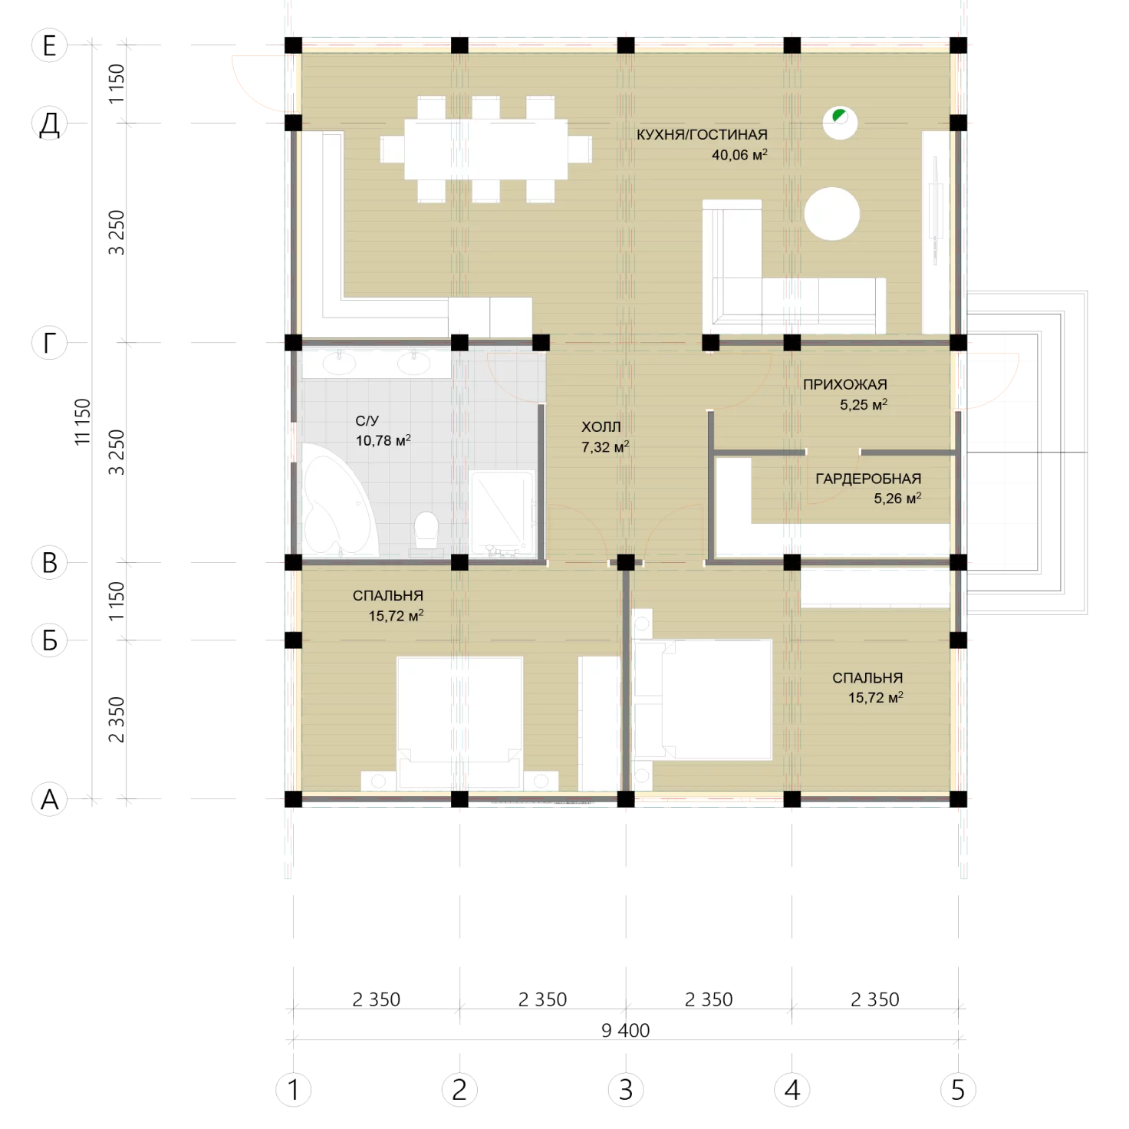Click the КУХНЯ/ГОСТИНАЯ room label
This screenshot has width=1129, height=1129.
click(701, 135)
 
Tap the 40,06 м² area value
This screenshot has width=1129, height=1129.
click(739, 155)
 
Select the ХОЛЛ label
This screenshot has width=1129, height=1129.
click(601, 426)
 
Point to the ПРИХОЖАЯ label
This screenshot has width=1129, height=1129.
click(844, 384)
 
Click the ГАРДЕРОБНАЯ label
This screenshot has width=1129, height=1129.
click(867, 479)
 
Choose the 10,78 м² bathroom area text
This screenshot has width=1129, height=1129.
click(383, 440)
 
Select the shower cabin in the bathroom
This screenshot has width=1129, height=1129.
click(502, 512)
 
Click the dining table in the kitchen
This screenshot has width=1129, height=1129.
click(486, 150)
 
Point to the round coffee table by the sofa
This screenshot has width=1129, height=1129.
click(831, 214)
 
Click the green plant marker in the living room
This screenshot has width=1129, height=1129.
click(839, 115)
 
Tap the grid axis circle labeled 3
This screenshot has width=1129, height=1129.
click(626, 1090)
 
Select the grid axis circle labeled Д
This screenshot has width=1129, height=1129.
click(49, 123)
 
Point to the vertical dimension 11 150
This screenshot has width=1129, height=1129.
click(83, 421)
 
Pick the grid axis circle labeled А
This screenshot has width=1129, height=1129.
click(49, 798)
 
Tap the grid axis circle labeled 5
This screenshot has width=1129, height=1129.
click(958, 1090)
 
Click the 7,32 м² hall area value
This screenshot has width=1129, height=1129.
click(605, 447)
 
